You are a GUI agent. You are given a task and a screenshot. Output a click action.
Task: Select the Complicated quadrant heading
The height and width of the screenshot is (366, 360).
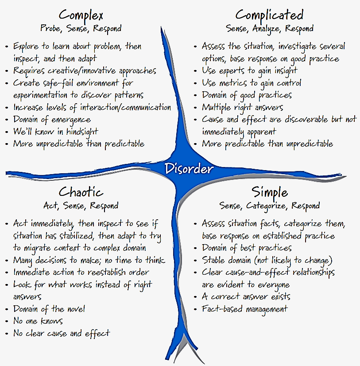click(269, 15)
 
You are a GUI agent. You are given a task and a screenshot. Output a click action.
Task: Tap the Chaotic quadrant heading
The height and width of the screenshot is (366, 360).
click(81, 192)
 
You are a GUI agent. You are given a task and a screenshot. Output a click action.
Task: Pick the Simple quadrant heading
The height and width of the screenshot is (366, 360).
click(270, 192)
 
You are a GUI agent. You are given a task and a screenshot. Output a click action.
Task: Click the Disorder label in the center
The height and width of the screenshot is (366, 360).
click(189, 169)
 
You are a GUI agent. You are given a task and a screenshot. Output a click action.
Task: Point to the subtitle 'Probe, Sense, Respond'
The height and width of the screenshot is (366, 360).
click(81, 29)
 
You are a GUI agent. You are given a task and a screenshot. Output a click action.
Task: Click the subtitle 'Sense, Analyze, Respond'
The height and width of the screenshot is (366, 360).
click(269, 29)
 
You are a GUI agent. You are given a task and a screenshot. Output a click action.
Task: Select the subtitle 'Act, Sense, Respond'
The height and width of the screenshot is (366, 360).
click(81, 206)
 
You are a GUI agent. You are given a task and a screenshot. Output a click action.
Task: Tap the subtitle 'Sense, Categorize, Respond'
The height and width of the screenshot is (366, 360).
click(269, 206)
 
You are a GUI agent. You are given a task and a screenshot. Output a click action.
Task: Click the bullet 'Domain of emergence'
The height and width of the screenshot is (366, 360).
click(52, 120)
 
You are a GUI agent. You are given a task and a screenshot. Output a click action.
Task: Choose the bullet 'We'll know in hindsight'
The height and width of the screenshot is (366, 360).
click(55, 132)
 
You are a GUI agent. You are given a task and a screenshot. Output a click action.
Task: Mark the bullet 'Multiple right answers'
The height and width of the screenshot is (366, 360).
click(242, 107)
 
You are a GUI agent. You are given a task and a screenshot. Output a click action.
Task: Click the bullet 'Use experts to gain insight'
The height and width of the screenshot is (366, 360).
click(249, 70)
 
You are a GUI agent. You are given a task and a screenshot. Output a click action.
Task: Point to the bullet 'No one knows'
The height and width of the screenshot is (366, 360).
click(38, 321)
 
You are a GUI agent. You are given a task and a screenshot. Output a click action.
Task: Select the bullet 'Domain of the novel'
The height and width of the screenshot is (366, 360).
click(49, 309)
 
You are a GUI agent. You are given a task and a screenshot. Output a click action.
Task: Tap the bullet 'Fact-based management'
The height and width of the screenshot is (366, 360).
click(244, 309)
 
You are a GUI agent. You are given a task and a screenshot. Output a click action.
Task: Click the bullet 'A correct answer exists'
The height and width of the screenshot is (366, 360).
click(246, 296)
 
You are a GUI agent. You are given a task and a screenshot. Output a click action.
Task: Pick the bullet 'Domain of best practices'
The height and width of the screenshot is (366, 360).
click(247, 248)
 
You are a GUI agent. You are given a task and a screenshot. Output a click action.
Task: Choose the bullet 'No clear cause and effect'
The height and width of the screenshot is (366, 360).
click(61, 333)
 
